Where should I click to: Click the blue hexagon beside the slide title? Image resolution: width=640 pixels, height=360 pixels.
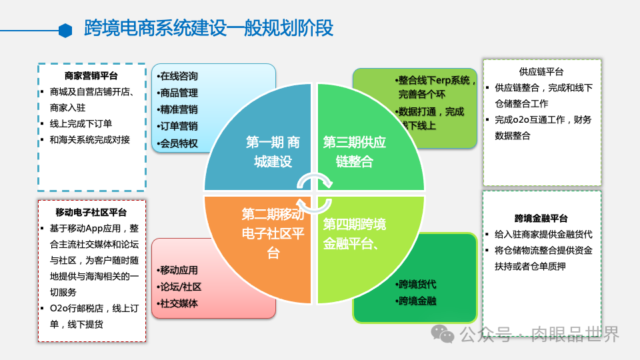pyautogui.click(x=65, y=30)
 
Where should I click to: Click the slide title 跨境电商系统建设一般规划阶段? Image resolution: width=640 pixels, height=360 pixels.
pyautogui.click(x=209, y=29)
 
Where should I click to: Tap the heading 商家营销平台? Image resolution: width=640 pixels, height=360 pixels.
pyautogui.click(x=91, y=76)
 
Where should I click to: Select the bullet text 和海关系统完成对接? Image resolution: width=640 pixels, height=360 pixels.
pyautogui.click(x=89, y=139)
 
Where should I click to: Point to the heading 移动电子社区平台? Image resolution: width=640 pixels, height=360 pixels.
pyautogui.click(x=91, y=213)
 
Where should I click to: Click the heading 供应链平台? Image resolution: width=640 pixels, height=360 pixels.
pyautogui.click(x=541, y=71)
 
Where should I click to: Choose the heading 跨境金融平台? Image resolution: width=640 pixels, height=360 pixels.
pyautogui.click(x=541, y=218)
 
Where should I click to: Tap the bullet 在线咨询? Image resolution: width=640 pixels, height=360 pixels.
pyautogui.click(x=177, y=76)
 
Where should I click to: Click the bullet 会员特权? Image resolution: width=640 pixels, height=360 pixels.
pyautogui.click(x=177, y=143)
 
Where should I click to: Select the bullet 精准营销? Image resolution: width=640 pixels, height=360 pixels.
pyautogui.click(x=177, y=109)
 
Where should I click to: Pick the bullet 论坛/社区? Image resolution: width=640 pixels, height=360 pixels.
pyautogui.click(x=179, y=287)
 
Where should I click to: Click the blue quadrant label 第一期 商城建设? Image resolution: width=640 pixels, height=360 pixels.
pyautogui.click(x=273, y=152)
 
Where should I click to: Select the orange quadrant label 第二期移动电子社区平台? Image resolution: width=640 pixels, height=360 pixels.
pyautogui.click(x=273, y=233)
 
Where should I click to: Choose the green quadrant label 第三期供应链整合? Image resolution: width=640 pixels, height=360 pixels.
pyautogui.click(x=355, y=152)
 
